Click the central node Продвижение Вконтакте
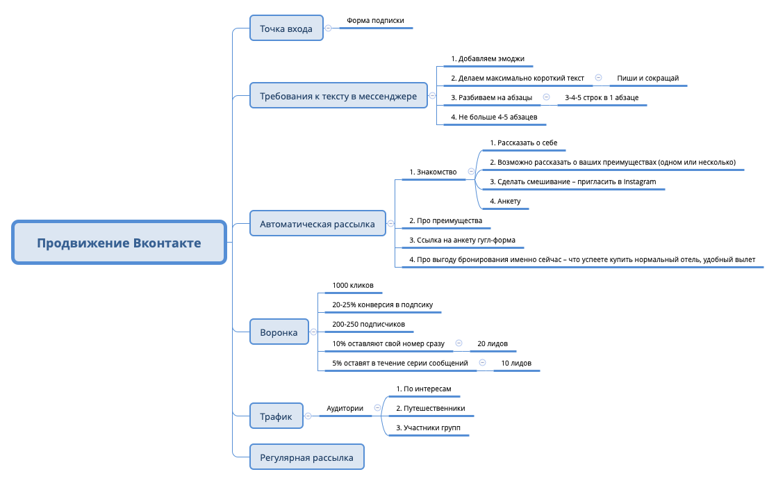(119, 243)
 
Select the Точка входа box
(286, 28)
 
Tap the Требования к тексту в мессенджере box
(338, 96)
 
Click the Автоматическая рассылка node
(317, 224)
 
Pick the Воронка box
(279, 332)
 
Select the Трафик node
(276, 416)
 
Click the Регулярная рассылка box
(306, 457)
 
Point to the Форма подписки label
(375, 21)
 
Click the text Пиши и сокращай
(648, 79)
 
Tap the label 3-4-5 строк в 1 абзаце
(602, 98)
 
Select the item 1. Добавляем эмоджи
(488, 59)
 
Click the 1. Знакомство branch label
(433, 172)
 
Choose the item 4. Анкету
(505, 202)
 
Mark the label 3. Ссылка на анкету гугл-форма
(462, 240)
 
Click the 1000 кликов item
(353, 286)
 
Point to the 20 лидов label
(493, 344)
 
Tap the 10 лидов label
(515, 363)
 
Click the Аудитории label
(345, 408)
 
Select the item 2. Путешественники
(431, 408)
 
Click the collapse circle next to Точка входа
(329, 28)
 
